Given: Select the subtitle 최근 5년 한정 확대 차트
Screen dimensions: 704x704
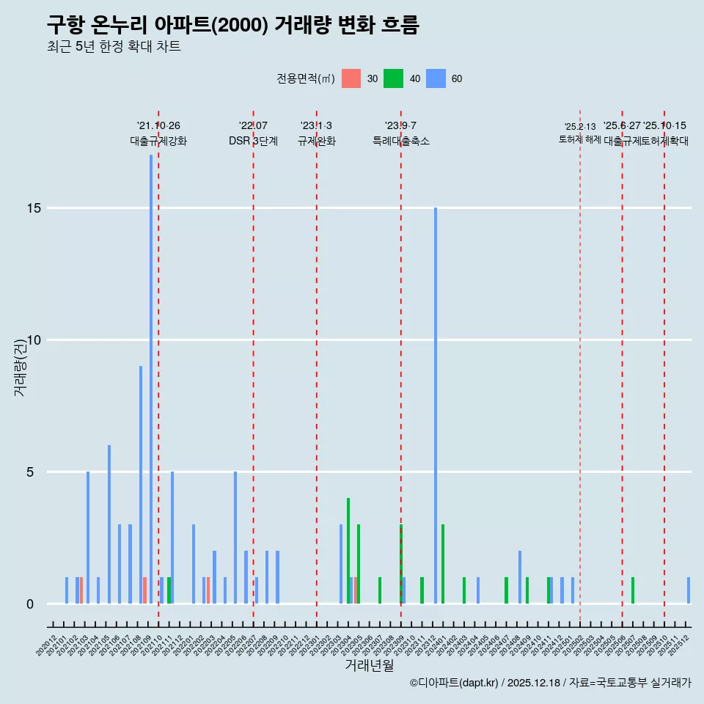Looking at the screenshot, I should coord(114,47).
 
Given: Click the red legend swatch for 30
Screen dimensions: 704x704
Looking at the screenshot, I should coord(351,78).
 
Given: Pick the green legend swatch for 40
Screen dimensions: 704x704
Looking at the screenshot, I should coord(394,78).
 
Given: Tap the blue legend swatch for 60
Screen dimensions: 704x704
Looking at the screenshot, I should coord(436,78).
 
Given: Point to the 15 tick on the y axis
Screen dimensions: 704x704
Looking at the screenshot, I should coord(32,208).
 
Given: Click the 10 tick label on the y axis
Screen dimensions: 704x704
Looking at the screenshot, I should coord(32,340).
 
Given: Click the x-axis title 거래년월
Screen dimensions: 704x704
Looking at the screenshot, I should coord(369,666).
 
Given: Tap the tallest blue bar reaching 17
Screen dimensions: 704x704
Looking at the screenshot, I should coord(151,378).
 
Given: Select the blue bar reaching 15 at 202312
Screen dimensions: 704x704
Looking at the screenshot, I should coord(436,406).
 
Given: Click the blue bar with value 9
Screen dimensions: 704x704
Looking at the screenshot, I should coord(141,484).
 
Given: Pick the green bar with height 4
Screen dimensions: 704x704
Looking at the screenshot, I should coord(348,551).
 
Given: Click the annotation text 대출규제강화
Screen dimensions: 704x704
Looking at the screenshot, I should coord(158,142).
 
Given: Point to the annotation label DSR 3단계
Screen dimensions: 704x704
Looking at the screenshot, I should coord(253,142).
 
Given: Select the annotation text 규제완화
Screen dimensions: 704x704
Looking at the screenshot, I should coord(317,142).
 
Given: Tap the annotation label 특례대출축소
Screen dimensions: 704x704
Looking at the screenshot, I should coord(401,142).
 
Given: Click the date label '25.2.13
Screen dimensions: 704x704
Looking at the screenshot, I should coord(580,127).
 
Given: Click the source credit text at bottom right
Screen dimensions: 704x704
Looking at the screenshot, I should coord(550,683).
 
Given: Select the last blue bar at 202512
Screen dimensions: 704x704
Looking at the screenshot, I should coord(689,590).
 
